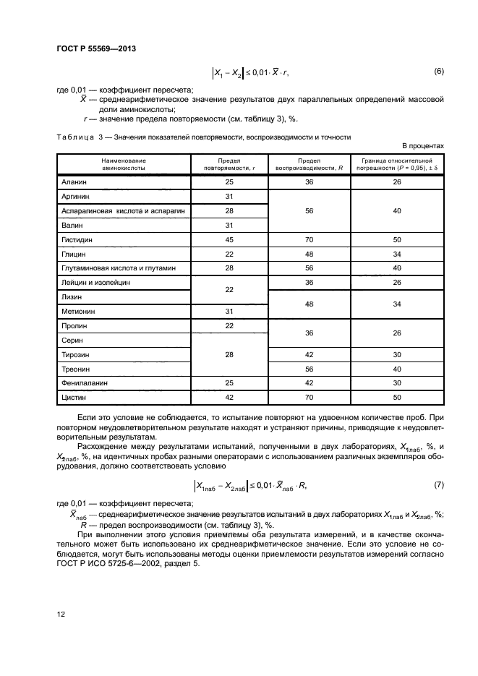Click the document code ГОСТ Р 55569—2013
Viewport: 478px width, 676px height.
pos(96,49)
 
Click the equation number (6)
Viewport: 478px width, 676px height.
pos(438,71)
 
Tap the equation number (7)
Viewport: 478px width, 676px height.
pos(438,484)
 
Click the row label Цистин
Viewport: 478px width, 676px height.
pos(74,398)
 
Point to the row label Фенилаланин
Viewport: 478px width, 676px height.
pos(84,383)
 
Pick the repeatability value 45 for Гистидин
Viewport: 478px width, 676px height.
pos(229,240)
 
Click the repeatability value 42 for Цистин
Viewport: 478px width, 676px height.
pos(229,398)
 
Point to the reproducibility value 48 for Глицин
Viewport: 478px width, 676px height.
pos(310,254)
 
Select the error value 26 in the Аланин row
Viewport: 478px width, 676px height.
pos(396,183)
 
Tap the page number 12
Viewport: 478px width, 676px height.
pos(61,615)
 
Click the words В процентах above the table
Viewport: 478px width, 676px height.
pos(422,145)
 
